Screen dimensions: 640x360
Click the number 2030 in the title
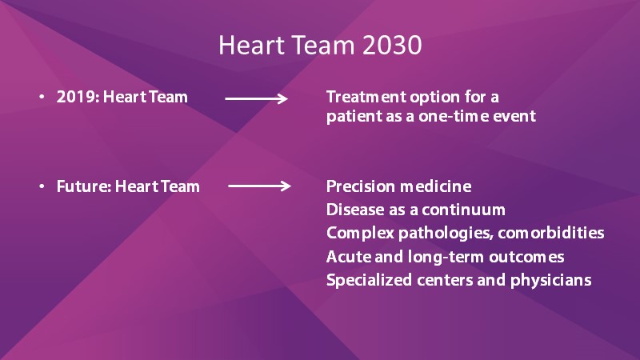[392, 45]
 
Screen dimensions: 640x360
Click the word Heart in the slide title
[251, 45]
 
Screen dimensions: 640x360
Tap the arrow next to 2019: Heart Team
[256, 98]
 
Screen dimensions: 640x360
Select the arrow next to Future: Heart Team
[259, 186]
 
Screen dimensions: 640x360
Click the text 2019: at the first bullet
[78, 97]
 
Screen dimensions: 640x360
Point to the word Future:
[84, 186]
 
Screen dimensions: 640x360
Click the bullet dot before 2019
[42, 97]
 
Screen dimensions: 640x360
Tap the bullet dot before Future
[42, 186]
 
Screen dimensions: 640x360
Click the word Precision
[361, 186]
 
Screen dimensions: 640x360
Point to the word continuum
[464, 210]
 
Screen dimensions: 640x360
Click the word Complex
[361, 234]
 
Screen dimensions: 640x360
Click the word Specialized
[369, 281]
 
